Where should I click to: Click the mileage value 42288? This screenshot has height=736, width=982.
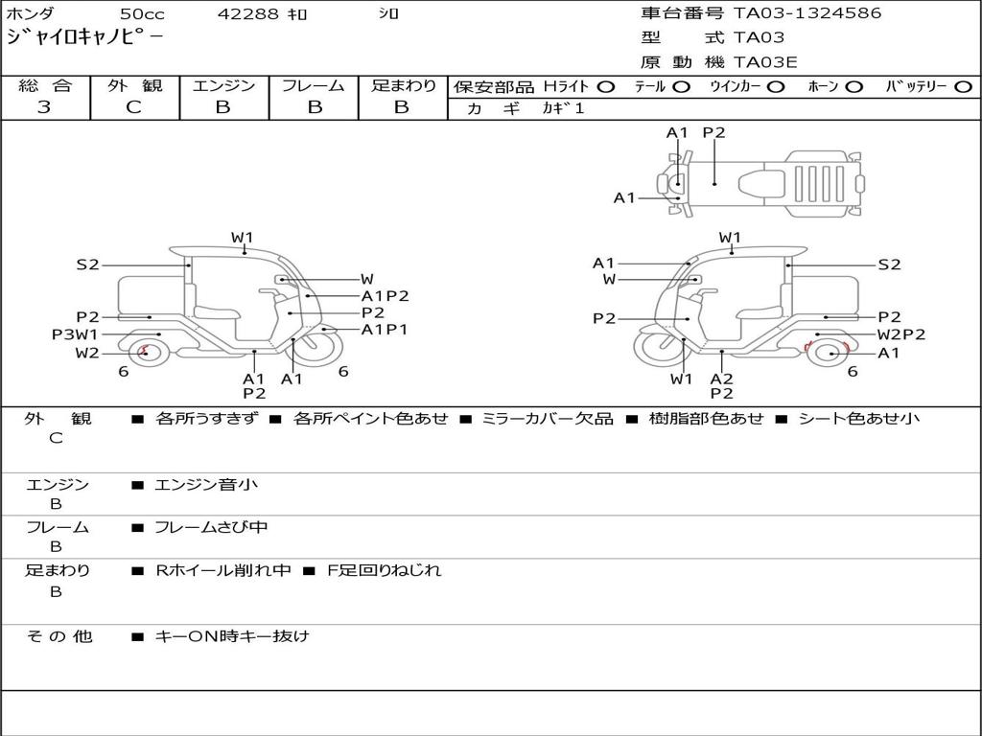click(248, 14)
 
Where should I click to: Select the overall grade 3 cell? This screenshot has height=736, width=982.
click(44, 107)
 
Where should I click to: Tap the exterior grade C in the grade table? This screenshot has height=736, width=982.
click(134, 107)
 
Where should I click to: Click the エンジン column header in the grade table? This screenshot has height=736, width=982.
click(223, 86)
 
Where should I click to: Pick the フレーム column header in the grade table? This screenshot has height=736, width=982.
click(313, 86)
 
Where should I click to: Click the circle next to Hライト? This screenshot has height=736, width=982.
click(605, 86)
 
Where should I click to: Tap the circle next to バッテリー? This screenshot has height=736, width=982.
click(963, 86)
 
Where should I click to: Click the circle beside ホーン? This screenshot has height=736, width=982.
click(853, 86)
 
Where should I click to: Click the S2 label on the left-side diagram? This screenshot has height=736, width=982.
click(87, 264)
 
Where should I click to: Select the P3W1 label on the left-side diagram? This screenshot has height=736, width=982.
click(75, 334)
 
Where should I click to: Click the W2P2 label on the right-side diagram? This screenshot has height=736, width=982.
click(901, 334)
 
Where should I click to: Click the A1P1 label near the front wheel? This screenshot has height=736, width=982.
click(385, 330)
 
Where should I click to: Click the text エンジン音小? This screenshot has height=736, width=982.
click(206, 485)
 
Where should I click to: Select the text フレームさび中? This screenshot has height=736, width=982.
click(212, 527)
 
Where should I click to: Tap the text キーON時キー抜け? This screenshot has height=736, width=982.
click(232, 635)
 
